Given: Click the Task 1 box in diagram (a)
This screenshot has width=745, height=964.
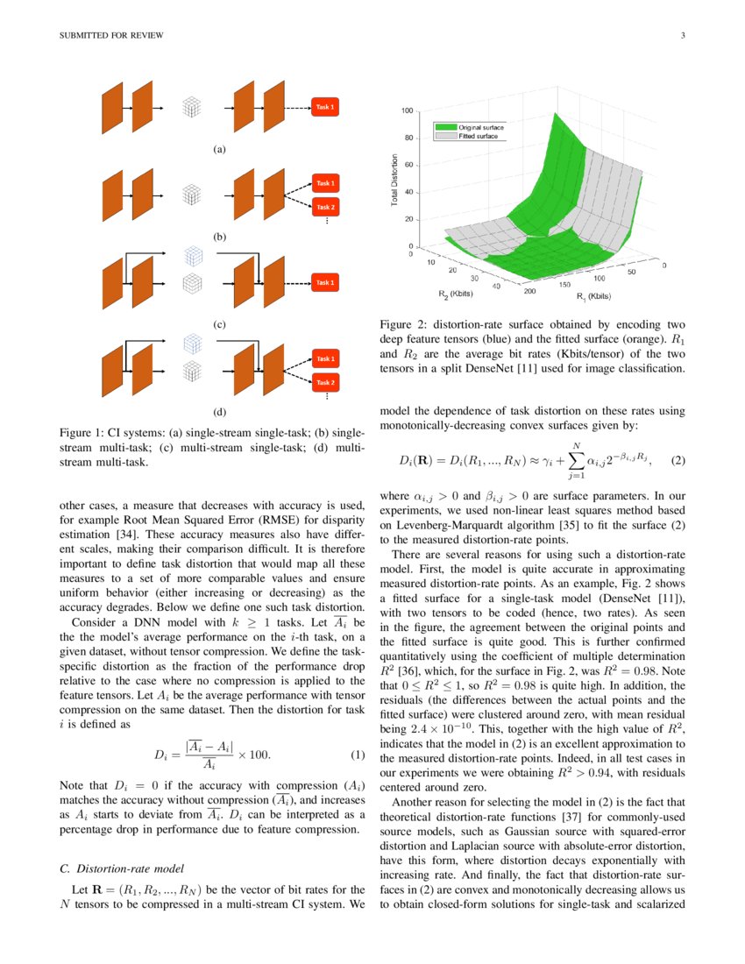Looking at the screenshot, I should [324, 108].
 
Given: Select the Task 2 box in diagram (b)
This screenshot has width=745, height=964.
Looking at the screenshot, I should [325, 208].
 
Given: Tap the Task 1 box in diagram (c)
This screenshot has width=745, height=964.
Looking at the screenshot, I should [324, 283].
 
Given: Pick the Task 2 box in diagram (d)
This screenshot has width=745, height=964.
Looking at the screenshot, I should [325, 383].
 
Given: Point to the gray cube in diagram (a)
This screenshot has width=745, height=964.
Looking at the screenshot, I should [192, 108].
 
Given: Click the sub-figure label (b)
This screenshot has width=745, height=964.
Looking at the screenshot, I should [219, 237].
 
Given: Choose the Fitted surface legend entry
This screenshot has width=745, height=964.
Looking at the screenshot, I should [468, 137].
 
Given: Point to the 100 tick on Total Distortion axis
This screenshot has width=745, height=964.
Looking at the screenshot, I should [408, 111].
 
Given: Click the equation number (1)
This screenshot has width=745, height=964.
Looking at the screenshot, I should [357, 755].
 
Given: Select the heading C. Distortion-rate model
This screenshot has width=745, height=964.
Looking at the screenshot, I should [121, 869].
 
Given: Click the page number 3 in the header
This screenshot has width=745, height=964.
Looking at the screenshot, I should [682, 36].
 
